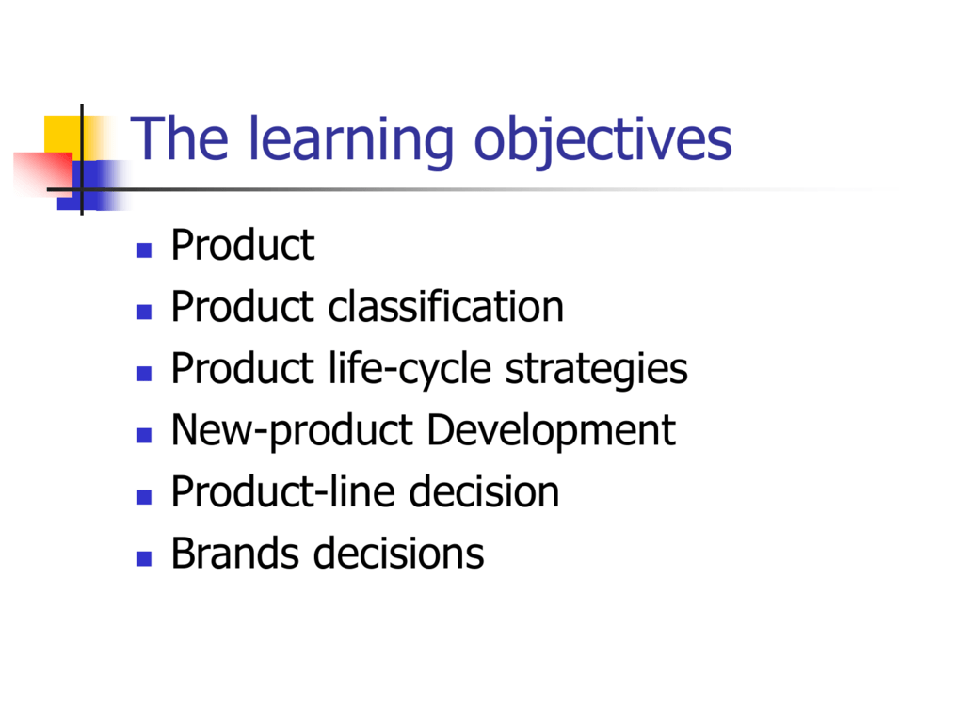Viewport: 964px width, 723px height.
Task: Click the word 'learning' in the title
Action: click(350, 141)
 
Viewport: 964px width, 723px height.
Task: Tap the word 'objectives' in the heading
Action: click(602, 141)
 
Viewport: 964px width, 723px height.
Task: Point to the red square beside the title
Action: click(43, 173)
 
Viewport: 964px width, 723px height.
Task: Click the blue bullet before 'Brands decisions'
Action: click(144, 558)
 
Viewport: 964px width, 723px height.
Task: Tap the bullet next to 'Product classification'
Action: click(144, 312)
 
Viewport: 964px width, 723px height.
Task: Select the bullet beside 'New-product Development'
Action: click(144, 435)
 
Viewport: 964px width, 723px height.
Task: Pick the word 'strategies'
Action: click(596, 369)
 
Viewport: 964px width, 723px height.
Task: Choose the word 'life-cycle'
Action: click(410, 369)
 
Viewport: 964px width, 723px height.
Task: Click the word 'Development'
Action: click(551, 431)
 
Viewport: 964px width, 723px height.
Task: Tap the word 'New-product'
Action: click(292, 431)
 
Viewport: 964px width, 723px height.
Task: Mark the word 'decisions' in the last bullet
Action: click(399, 554)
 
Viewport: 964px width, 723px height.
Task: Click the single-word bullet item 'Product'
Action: click(243, 245)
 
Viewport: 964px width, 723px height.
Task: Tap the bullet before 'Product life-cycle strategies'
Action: click(144, 374)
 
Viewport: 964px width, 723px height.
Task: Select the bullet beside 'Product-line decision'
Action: click(144, 497)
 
